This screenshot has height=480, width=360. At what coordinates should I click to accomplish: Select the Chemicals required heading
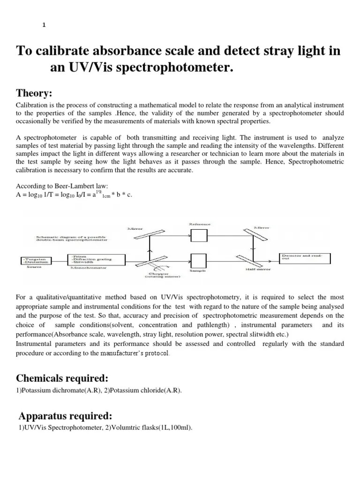(x=62, y=378)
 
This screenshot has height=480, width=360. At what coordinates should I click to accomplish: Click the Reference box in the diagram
(x=199, y=235)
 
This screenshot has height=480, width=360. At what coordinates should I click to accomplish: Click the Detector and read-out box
(x=305, y=258)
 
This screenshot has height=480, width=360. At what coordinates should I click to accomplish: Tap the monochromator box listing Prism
(x=97, y=260)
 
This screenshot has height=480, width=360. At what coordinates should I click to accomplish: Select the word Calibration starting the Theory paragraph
(x=32, y=105)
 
